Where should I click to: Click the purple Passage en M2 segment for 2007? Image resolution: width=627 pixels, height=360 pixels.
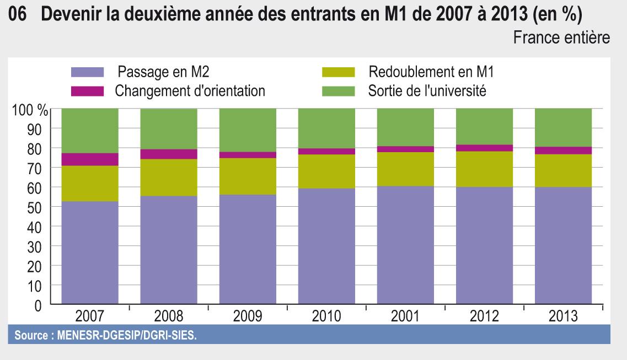89,252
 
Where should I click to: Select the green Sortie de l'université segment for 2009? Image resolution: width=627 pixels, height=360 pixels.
248,130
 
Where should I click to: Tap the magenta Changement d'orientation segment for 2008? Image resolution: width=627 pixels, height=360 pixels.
169,154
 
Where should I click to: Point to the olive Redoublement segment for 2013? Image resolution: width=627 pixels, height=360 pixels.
563,171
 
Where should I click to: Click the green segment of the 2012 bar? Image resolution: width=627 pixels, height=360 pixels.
484,126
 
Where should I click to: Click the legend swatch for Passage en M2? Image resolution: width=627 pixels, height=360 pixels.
87,72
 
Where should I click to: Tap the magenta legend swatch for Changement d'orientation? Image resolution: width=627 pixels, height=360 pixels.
87,91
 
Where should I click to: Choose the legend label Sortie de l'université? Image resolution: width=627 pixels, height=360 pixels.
427,91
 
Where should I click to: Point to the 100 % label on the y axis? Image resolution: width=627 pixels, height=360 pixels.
30,109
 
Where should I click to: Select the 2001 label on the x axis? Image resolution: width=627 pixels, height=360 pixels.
405,317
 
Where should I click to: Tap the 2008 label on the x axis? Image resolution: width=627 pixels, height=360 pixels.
168,317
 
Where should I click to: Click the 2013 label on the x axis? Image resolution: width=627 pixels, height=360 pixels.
563,317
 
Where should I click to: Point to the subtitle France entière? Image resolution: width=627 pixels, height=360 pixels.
561,38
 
